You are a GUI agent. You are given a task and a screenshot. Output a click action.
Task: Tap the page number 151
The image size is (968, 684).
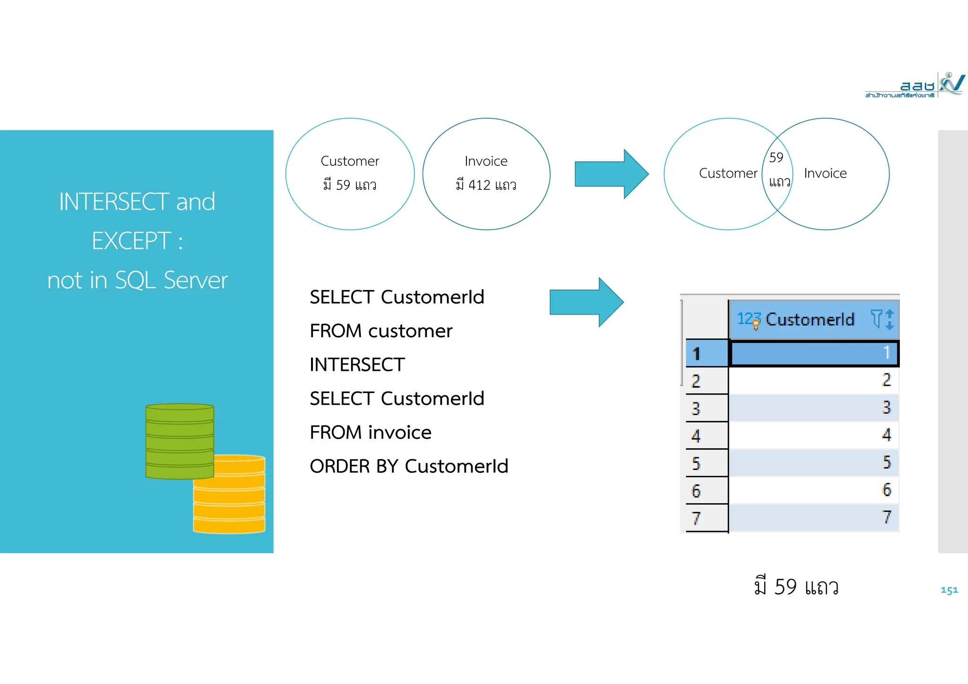(949, 590)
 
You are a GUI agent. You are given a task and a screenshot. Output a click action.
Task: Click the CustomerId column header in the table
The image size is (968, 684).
(809, 320)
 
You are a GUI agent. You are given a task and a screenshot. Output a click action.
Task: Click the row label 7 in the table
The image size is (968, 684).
(696, 518)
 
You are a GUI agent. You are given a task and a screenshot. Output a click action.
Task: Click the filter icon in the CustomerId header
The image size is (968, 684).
(876, 319)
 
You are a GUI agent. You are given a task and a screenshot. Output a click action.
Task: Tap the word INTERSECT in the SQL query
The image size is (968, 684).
(357, 365)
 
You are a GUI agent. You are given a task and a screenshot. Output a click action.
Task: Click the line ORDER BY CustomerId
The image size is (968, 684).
(409, 466)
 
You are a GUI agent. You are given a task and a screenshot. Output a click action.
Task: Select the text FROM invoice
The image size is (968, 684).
(371, 433)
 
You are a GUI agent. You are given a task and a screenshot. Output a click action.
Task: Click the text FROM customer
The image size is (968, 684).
(381, 331)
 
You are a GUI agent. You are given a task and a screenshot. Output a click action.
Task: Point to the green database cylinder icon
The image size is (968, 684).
(180, 441)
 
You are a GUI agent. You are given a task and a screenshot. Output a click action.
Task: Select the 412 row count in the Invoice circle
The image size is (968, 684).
(479, 185)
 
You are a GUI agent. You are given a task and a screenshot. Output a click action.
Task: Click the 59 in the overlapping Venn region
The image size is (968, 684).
(776, 158)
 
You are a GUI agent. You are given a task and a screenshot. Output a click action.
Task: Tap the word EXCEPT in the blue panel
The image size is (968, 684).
(131, 241)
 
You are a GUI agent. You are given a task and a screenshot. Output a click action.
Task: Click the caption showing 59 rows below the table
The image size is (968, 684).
(796, 587)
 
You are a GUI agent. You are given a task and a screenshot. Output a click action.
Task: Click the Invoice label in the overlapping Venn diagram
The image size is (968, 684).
(825, 173)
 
